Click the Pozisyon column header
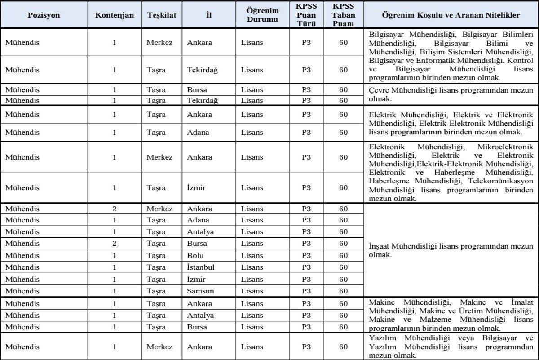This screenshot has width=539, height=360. [x=44, y=15]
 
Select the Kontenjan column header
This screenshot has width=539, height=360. [x=115, y=15]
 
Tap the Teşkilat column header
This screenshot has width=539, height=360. [x=162, y=15]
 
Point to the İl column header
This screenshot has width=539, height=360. [x=208, y=15]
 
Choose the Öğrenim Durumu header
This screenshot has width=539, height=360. [x=262, y=15]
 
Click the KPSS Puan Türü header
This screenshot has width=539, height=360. [x=306, y=15]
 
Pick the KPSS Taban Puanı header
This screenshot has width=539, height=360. [x=344, y=15]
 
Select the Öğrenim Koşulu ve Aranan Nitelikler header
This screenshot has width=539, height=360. [x=451, y=15]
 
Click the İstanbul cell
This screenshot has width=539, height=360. [x=201, y=267]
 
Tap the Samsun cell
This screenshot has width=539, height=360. [x=200, y=291]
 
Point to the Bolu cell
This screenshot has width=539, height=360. [x=196, y=256]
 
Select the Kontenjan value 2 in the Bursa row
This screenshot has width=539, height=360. [x=115, y=244]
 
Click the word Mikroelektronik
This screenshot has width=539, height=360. [x=506, y=147]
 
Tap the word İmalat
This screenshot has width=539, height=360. [x=521, y=302]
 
